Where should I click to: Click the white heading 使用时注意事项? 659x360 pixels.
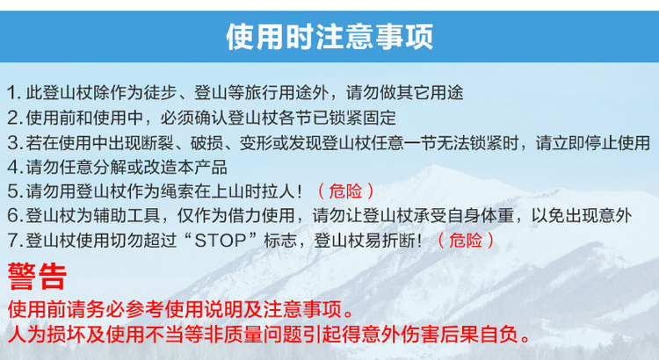coord(329,37)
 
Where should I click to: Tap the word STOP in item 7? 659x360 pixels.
coord(221,241)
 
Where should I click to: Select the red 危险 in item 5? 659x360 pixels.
coord(345,191)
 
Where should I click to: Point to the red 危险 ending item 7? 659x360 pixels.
coord(466,241)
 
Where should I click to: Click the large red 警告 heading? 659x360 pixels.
coord(37,277)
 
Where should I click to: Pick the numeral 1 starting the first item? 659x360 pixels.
coord(12,93)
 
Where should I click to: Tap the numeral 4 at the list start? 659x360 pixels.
coord(12,167)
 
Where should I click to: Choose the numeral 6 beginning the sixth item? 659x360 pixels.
coord(13,216)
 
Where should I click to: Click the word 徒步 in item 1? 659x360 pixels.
coord(160,93)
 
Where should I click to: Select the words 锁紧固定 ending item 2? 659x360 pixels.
coord(363,118)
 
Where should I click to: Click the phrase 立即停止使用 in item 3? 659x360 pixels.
coord(601,142)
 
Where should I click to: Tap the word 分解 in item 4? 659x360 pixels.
coord(110,167)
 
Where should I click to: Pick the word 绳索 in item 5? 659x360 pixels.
coord(177,191)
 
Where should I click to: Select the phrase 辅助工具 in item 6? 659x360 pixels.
coord(127,216)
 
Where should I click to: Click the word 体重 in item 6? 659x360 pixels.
coord(497,216)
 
